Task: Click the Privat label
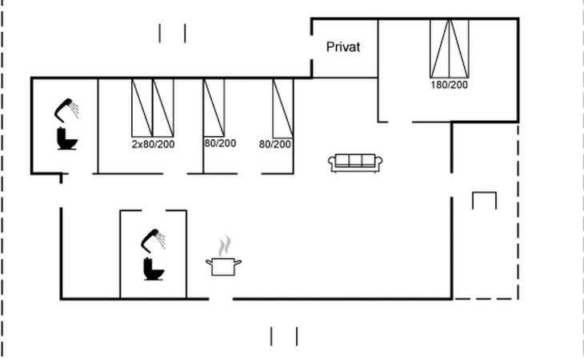[343, 47]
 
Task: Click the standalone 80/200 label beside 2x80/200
[220, 144]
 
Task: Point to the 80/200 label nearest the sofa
[275, 144]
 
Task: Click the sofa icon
[356, 162]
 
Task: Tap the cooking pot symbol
[224, 266]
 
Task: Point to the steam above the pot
[226, 244]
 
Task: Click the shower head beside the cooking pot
[154, 239]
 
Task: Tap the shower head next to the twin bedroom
[67, 108]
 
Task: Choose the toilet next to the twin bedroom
[66, 139]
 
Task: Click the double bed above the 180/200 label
[449, 47]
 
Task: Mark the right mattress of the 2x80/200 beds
[163, 107]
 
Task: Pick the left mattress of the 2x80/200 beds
[142, 107]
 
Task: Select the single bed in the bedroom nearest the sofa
[283, 107]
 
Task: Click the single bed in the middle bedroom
[214, 107]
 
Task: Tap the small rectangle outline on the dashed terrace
[484, 200]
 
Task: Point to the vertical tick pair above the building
[172, 33]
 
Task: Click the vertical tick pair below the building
[283, 336]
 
